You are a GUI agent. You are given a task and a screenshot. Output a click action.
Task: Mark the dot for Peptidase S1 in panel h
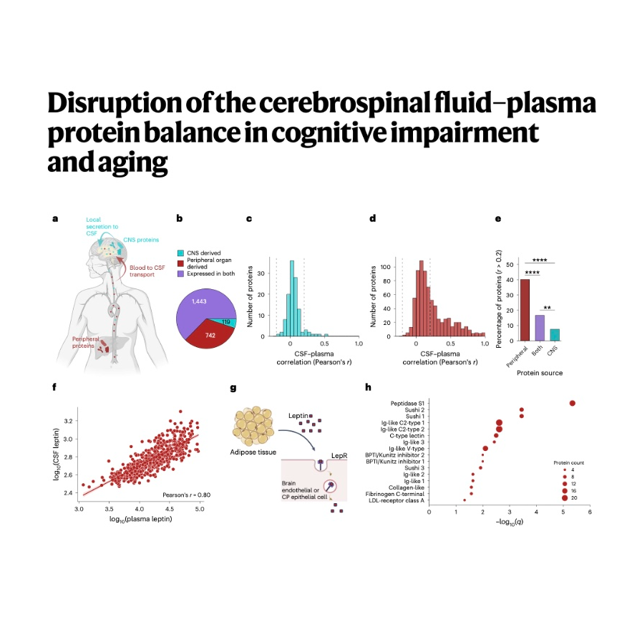point(573,404)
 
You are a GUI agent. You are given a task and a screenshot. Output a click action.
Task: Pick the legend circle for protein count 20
point(564,497)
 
